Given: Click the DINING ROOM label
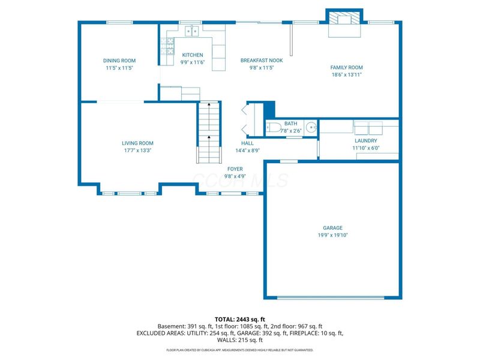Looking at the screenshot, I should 119,61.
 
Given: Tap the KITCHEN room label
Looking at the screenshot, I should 193,55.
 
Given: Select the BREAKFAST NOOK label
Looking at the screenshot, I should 262,61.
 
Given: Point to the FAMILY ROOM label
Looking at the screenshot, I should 347,68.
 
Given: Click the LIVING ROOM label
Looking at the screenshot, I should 137,143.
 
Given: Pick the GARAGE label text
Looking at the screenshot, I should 332,228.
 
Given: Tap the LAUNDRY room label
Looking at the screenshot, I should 366,140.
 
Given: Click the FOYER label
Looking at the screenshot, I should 235,169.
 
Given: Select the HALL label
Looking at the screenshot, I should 247,143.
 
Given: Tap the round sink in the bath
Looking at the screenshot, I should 310,127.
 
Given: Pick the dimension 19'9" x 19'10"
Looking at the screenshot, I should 332,235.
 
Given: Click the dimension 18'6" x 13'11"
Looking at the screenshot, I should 347,75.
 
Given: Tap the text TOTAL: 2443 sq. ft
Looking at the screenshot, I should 239,319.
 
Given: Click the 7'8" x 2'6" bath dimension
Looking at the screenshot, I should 290,130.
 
